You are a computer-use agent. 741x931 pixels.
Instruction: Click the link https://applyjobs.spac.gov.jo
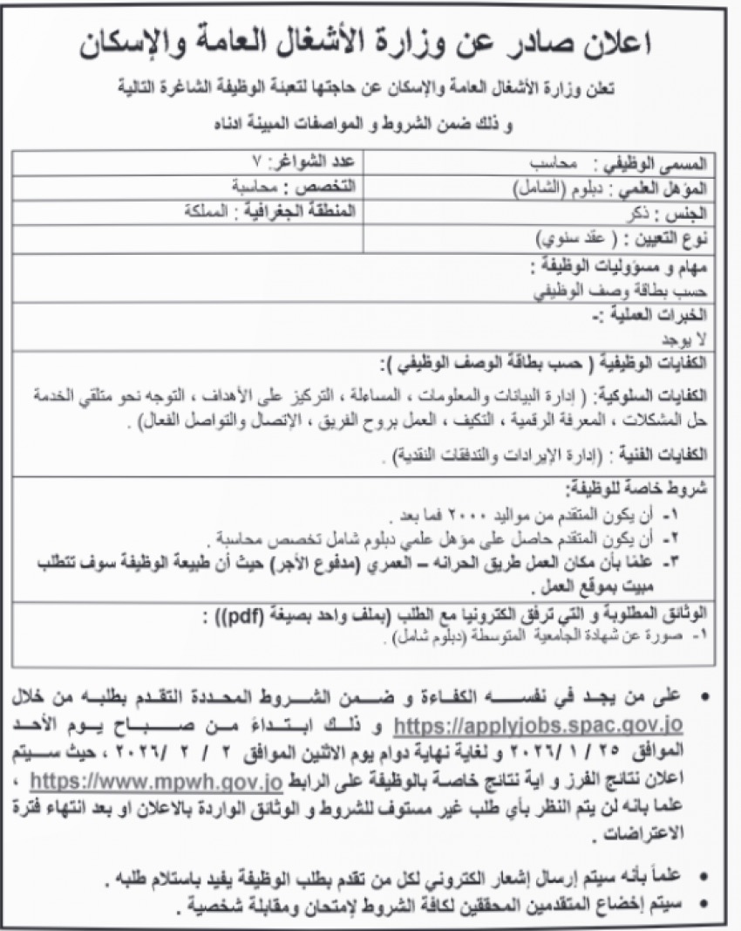pos(539,725)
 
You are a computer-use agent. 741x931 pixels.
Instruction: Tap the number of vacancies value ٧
pos(255,162)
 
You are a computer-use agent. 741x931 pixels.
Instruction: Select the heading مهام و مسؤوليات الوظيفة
pos(631,265)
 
